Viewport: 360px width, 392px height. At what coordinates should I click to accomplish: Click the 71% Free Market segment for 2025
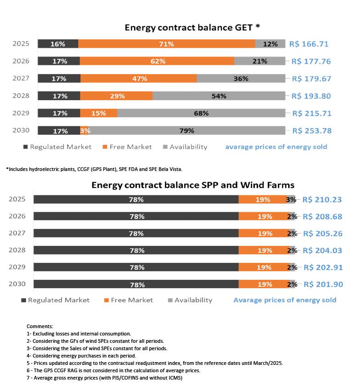tap(166, 44)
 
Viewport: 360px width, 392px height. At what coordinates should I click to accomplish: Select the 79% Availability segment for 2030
tap(186, 131)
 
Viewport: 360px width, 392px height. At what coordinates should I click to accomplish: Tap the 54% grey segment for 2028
tap(219, 96)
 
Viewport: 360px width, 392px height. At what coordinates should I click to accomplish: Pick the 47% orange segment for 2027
tap(139, 79)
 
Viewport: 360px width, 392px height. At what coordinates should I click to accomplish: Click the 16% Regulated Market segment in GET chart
tap(58, 44)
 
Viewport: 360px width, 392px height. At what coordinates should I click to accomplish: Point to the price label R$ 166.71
tap(309, 44)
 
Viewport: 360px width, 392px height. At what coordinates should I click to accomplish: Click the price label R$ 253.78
tap(311, 131)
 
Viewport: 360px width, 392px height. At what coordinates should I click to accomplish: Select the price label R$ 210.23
tap(322, 199)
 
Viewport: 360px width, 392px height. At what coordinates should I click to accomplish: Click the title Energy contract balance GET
tap(192, 28)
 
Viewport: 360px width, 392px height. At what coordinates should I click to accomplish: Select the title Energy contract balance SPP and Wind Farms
tap(193, 185)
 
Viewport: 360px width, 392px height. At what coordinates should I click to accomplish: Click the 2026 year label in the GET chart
tap(21, 61)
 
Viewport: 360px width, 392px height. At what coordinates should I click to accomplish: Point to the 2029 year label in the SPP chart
tap(17, 267)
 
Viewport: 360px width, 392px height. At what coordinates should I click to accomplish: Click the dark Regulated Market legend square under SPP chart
tap(23, 301)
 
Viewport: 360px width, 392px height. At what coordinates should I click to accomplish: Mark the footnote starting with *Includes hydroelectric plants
tap(94, 169)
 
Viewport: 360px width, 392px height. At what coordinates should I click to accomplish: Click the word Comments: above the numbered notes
tap(40, 326)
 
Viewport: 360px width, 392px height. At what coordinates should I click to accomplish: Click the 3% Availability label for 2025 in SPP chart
tap(291, 199)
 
